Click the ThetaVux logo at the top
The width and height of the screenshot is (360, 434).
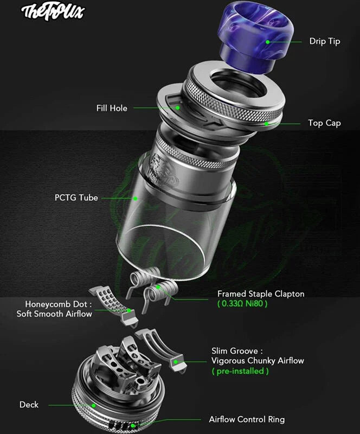pos(53,12)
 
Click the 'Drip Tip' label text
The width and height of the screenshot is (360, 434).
pos(325,41)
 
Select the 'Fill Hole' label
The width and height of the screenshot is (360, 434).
pos(112,108)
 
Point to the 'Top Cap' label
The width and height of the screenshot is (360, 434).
pos(324,123)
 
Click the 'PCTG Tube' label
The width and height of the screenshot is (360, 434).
pos(76,197)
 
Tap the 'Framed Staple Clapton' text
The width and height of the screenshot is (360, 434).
pos(261,294)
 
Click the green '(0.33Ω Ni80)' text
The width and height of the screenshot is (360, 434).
pos(242,304)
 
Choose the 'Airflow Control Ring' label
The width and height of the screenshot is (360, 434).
pos(247,419)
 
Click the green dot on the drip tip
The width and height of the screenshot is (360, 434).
pos(268,41)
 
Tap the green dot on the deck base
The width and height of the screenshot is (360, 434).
pos(94,405)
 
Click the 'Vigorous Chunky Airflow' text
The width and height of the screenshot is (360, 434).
pos(258,361)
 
